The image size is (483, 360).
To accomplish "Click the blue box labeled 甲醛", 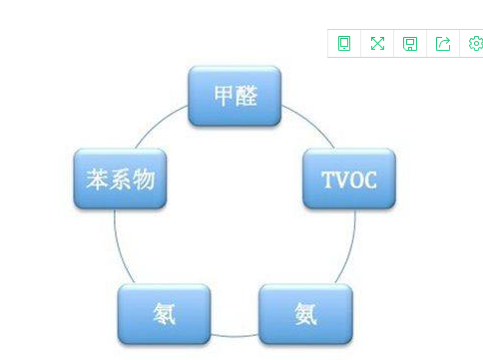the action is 235,96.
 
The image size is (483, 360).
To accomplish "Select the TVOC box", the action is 349,179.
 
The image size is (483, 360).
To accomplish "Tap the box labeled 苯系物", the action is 120,179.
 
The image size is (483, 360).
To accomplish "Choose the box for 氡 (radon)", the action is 164,314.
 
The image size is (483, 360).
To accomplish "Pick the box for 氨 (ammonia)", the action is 305,314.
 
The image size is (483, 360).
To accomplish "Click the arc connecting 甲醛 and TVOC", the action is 312,123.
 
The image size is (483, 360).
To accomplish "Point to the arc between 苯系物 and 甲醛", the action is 157,123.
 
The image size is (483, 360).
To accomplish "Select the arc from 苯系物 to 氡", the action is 120,247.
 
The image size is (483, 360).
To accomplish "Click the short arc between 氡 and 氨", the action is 235,336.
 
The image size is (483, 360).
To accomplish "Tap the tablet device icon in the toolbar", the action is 344,43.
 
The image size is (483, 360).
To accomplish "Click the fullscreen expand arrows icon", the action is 377,43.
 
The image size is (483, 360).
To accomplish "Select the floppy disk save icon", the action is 410,44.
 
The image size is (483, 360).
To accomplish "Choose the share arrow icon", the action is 443,44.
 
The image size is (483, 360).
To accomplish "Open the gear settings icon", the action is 476,43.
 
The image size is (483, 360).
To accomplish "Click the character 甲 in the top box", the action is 224,96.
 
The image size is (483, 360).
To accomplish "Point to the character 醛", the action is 246,96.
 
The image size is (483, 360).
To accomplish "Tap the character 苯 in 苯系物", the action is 97,180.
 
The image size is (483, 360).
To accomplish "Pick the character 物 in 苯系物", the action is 144,180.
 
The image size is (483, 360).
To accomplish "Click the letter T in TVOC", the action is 328,180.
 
